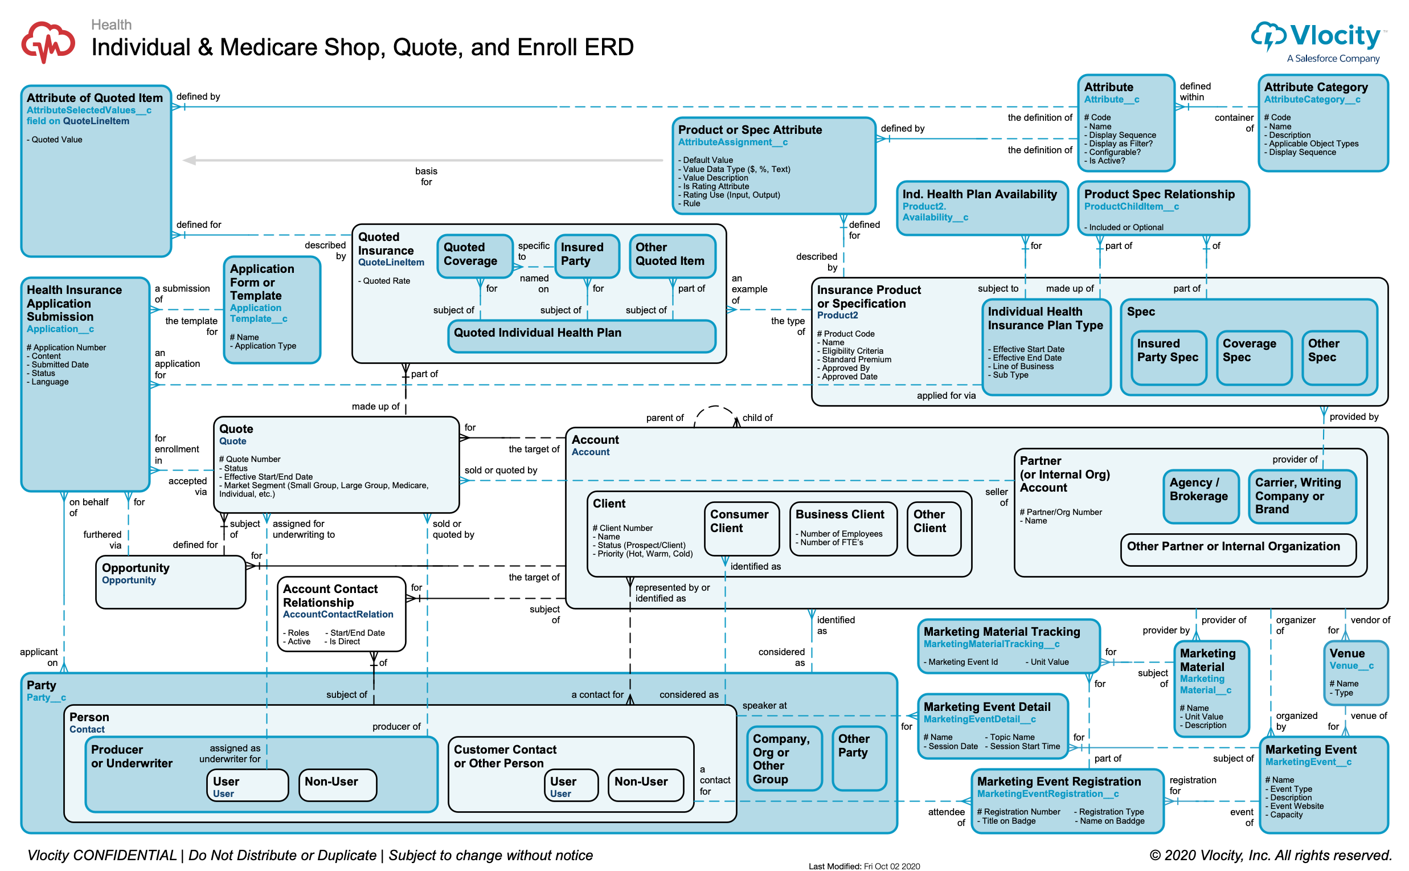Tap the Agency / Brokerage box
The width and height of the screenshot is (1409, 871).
[1201, 496]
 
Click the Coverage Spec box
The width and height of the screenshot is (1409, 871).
[1254, 357]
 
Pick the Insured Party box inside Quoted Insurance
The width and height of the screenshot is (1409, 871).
[587, 255]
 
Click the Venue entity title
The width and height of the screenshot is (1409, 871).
[1347, 653]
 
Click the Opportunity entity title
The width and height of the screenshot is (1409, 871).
[136, 568]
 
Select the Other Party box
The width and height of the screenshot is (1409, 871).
[858, 757]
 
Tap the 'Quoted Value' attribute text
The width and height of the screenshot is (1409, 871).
[57, 140]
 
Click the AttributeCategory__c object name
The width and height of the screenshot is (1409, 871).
[1312, 100]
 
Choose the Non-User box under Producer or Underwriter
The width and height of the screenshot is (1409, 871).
[337, 784]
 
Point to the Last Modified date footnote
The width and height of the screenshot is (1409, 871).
[864, 865]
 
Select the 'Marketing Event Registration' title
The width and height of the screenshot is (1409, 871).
[1059, 781]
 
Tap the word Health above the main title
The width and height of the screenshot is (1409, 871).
[112, 24]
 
